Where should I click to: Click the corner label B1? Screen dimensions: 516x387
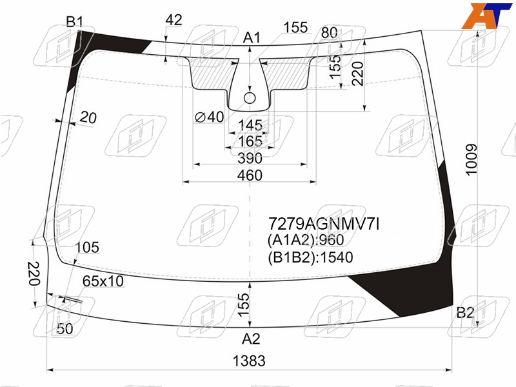(75, 22)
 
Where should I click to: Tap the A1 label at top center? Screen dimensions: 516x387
(252, 38)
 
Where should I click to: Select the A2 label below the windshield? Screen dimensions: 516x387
(251, 339)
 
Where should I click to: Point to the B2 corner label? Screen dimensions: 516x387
(465, 313)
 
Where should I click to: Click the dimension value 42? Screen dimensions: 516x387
(174, 20)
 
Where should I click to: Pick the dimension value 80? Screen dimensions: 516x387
(330, 33)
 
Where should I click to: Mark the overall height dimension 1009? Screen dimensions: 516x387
(471, 159)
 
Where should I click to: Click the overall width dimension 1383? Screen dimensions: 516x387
(249, 361)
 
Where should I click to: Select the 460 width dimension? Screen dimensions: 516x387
(250, 175)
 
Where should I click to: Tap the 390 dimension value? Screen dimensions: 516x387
(250, 158)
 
